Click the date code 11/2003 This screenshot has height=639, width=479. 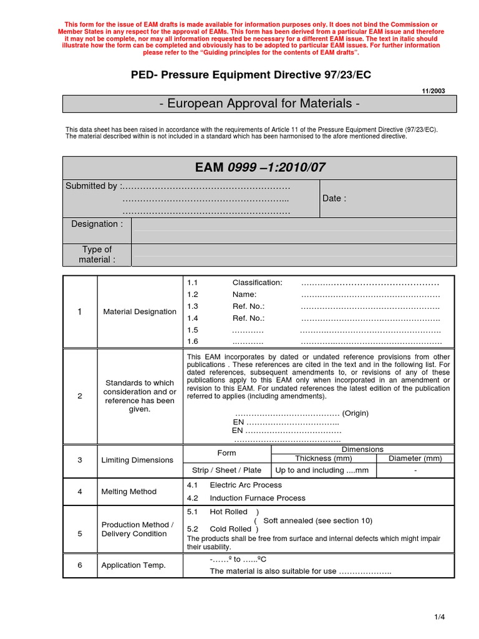[435, 90]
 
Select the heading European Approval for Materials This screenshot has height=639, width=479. [259, 104]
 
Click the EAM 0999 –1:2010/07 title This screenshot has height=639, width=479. [259, 167]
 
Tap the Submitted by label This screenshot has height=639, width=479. [93, 186]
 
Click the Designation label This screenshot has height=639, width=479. [97, 224]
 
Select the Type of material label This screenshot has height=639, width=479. [97, 254]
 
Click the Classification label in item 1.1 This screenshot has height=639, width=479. [257, 283]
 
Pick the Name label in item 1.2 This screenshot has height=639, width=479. [244, 295]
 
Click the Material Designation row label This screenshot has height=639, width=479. [140, 311]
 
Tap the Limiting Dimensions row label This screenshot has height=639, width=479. [137, 460]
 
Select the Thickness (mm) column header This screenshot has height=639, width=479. [323, 458]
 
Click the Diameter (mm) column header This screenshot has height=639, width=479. [415, 458]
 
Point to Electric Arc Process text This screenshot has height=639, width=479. [246, 485]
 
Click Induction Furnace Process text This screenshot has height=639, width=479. [258, 498]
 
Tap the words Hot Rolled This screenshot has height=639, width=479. [229, 512]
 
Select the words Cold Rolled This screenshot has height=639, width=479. [230, 529]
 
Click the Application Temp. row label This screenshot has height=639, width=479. [133, 565]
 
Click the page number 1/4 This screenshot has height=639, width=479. [440, 617]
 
